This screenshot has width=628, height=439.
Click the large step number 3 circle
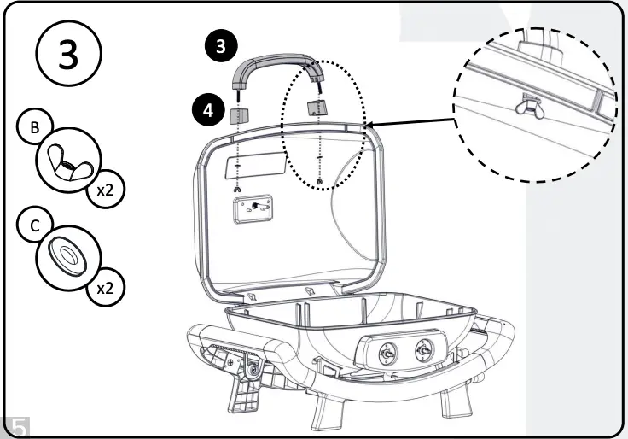[x=67, y=55]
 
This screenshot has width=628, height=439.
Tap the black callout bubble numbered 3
[x=221, y=47]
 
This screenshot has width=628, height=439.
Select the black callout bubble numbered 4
[x=204, y=109]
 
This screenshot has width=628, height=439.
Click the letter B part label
[x=34, y=128]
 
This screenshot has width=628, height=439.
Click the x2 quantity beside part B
[x=105, y=190]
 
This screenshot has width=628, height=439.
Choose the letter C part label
[x=34, y=226]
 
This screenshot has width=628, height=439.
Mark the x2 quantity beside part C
[x=105, y=288]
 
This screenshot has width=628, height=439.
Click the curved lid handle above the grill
[x=277, y=67]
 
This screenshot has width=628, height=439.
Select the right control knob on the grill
[x=422, y=351]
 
